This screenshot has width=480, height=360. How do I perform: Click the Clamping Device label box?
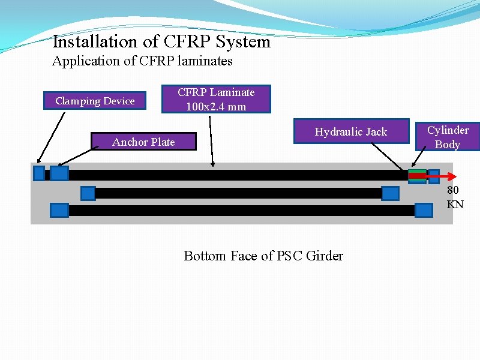(95, 101)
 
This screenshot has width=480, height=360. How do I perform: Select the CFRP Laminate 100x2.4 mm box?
(216, 99)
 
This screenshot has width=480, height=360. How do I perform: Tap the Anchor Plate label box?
(143, 142)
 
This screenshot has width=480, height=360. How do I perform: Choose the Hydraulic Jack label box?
(350, 131)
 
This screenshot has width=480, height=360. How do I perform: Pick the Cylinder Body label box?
(448, 137)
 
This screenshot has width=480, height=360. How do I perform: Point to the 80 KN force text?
(455, 197)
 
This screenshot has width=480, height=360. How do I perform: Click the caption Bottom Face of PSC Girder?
(263, 256)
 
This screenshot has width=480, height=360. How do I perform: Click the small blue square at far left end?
(39, 173)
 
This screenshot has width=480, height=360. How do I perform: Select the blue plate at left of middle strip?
(88, 193)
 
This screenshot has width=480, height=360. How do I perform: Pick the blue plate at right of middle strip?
(390, 193)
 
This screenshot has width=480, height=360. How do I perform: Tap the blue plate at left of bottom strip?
(59, 210)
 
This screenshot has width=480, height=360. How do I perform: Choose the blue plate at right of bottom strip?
(424, 210)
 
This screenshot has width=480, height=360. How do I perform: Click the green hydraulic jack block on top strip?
(417, 175)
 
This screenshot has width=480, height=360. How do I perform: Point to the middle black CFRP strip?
(240, 193)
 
